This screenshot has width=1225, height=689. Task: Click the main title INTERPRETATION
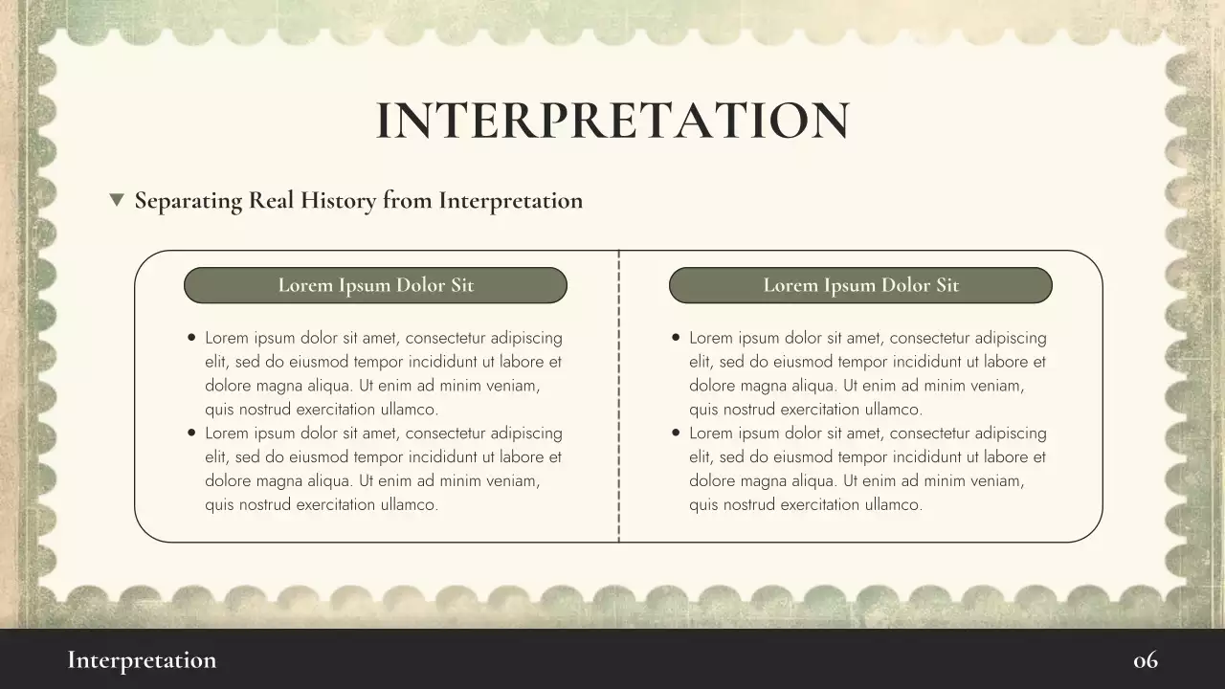pyautogui.click(x=612, y=121)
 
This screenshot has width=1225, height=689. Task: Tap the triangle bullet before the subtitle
pyautogui.click(x=117, y=200)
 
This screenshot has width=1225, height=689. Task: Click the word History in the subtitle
pyautogui.click(x=339, y=200)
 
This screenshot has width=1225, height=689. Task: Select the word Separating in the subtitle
pyautogui.click(x=188, y=201)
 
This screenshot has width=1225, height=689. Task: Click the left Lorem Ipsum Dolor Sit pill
pyautogui.click(x=375, y=285)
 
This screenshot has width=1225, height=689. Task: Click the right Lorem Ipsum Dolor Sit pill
pyautogui.click(x=860, y=285)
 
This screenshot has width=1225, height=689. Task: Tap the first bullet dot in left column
pyautogui.click(x=192, y=338)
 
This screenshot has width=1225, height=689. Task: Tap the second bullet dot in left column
pyautogui.click(x=192, y=433)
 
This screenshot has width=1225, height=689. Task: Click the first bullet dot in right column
pyautogui.click(x=677, y=338)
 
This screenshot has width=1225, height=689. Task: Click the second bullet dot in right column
pyautogui.click(x=677, y=433)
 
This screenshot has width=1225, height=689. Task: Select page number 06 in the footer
pyautogui.click(x=1146, y=660)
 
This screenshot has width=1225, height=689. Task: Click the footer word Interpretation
pyautogui.click(x=142, y=660)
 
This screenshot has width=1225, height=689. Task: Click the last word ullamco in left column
pyautogui.click(x=405, y=505)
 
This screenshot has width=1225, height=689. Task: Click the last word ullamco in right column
pyautogui.click(x=889, y=505)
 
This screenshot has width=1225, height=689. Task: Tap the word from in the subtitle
pyautogui.click(x=407, y=200)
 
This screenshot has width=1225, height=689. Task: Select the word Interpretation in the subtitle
pyautogui.click(x=510, y=201)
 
